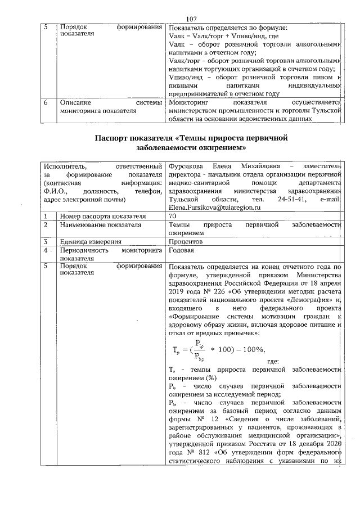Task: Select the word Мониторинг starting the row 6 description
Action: pos(190,103)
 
